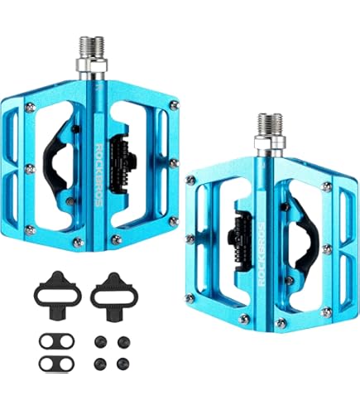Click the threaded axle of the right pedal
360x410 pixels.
point(270,123)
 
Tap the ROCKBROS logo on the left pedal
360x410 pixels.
point(98,175)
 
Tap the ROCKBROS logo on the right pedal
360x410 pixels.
point(262,254)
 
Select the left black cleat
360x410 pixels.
point(57,295)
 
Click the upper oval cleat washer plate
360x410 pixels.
point(57,341)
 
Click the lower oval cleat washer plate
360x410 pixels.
point(57,364)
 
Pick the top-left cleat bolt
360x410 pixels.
point(100,342)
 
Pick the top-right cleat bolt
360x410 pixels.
point(123,342)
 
